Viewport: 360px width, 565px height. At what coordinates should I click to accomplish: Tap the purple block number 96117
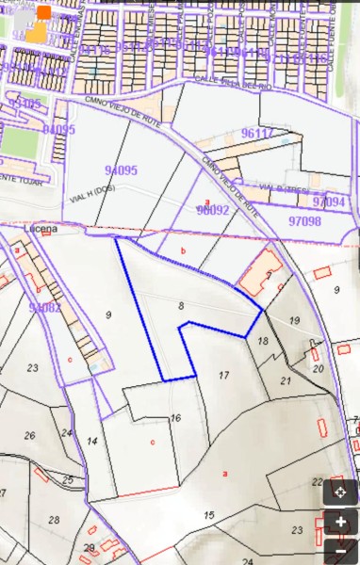[256, 134]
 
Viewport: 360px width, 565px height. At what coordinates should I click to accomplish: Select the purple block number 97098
[304, 221]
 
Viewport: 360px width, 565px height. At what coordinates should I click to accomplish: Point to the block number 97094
[329, 202]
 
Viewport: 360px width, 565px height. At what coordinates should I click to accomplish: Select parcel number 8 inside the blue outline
[180, 305]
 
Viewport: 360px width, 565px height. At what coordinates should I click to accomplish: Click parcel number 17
[223, 375]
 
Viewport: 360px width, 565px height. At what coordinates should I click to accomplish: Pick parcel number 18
[264, 341]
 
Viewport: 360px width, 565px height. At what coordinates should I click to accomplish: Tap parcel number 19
[294, 321]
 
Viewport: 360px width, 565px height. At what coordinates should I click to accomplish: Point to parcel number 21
[286, 380]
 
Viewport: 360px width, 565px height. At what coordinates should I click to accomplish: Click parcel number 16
[175, 417]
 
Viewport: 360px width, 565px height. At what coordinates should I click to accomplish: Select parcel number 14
[91, 441]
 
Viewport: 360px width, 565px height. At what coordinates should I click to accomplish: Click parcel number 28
[54, 520]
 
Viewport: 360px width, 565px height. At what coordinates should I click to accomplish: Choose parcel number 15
[208, 514]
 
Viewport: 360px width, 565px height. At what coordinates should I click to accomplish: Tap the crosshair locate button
[340, 492]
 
